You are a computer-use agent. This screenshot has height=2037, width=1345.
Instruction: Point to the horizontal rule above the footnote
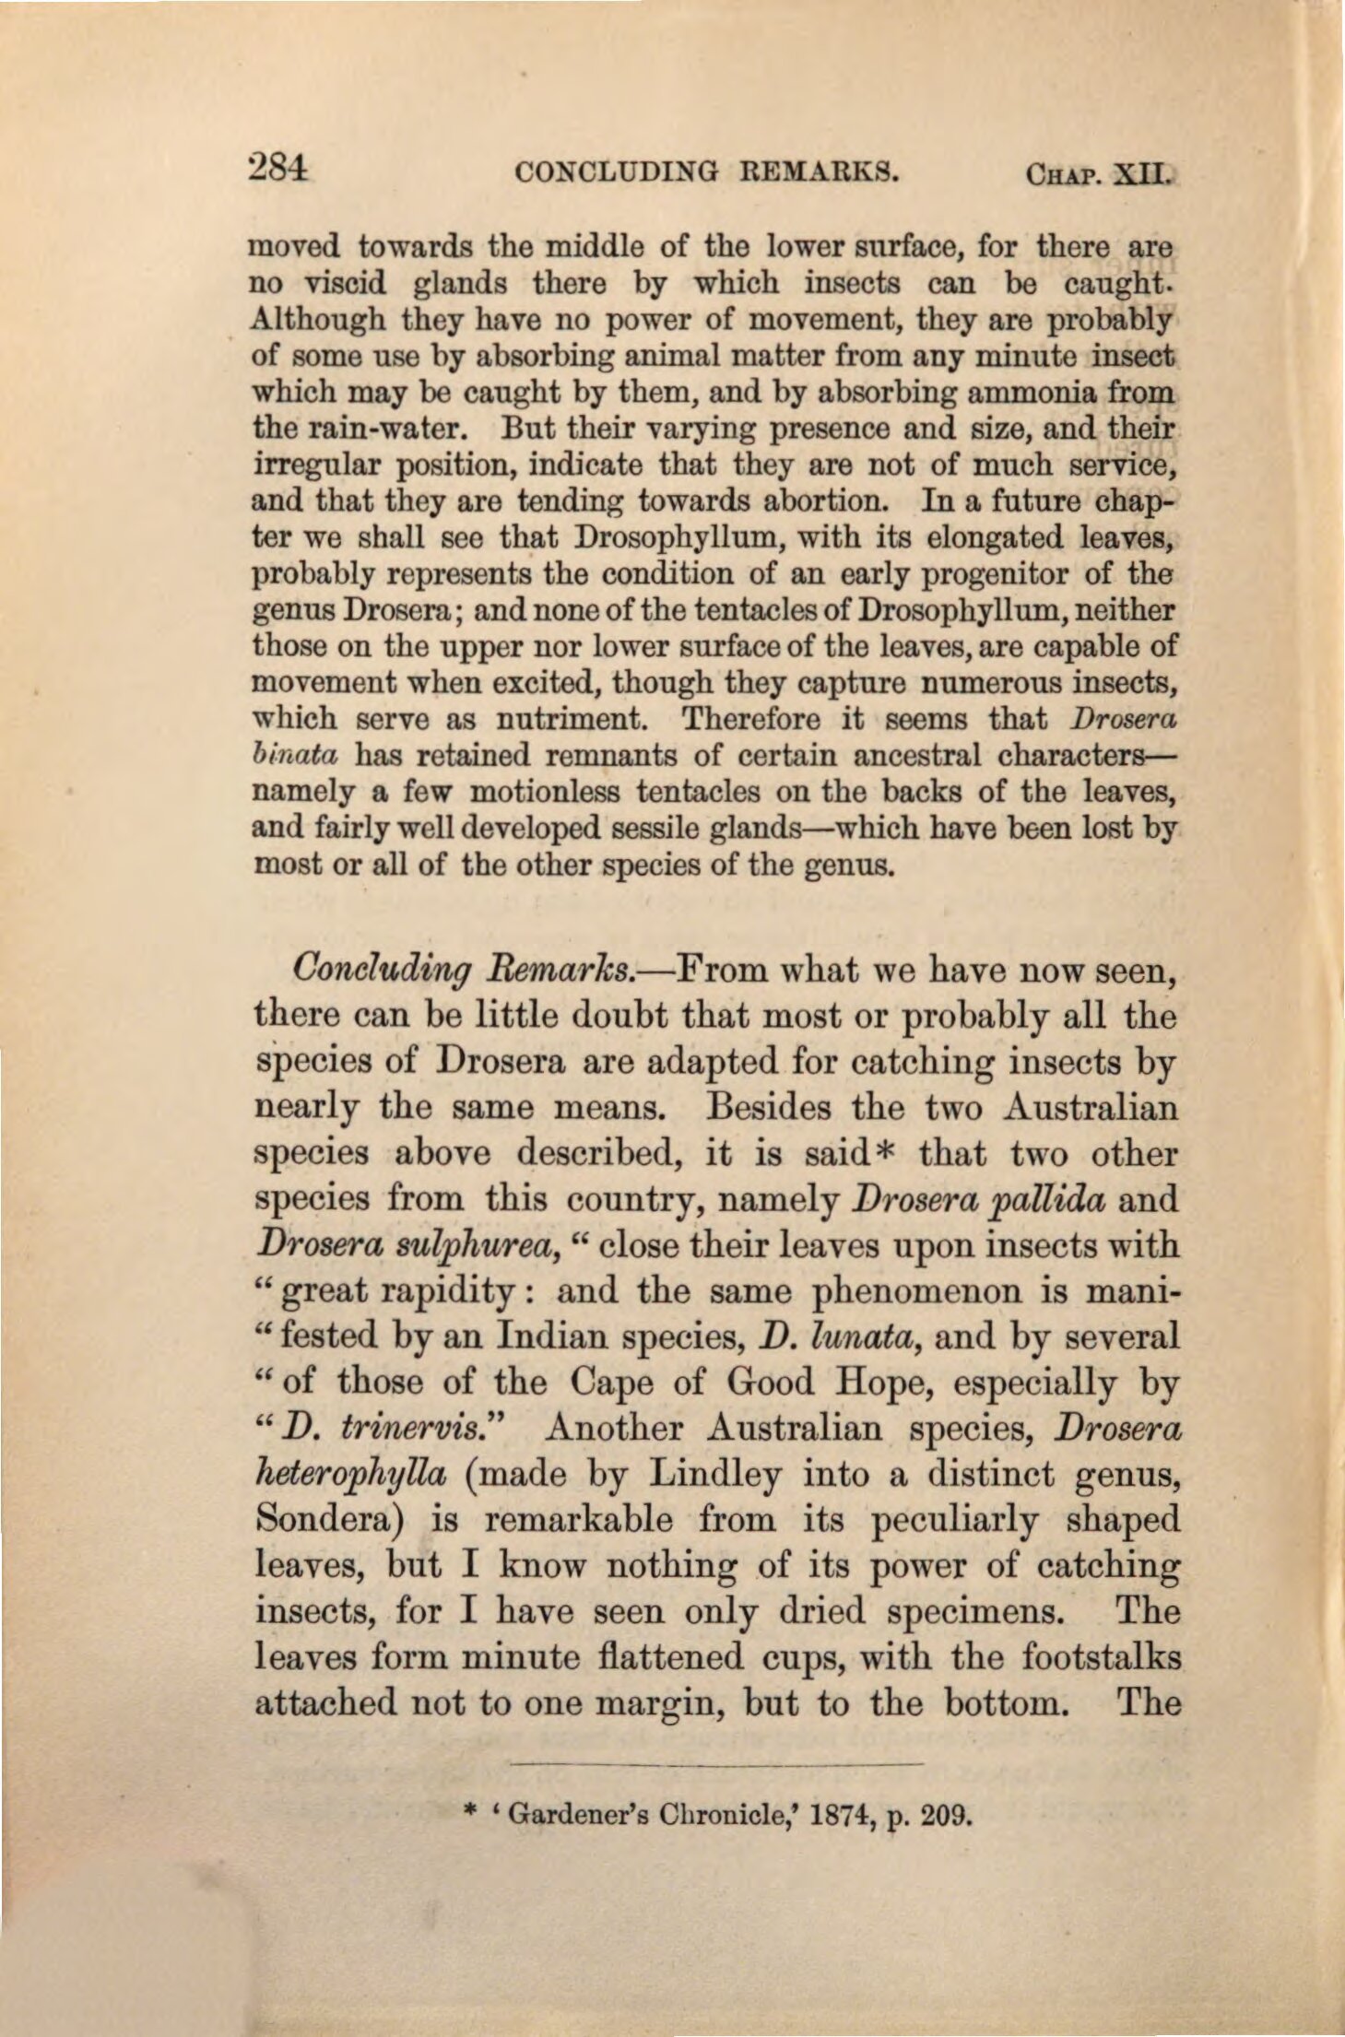[715, 1763]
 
